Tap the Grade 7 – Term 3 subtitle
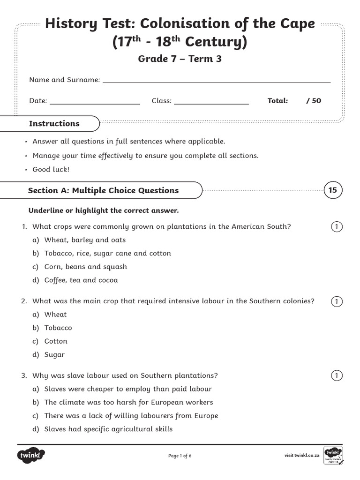pyautogui.click(x=180, y=59)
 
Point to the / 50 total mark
pyautogui.click(x=314, y=101)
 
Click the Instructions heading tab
pyautogui.click(x=54, y=124)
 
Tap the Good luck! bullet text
pyautogui.click(x=51, y=169)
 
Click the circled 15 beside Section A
pyautogui.click(x=332, y=190)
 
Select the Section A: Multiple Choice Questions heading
pyautogui.click(x=103, y=190)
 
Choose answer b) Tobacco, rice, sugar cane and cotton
pyautogui.click(x=107, y=254)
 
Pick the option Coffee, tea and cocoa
pyautogui.click(x=81, y=280)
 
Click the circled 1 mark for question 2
pyautogui.click(x=336, y=301)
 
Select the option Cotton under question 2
pyautogui.click(x=56, y=341)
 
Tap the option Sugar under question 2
pyautogui.click(x=54, y=355)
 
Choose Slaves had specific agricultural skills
pyautogui.click(x=108, y=429)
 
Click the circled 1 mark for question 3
pyautogui.click(x=336, y=375)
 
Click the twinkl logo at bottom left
pyautogui.click(x=31, y=455)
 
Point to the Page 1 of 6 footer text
pyautogui.click(x=180, y=456)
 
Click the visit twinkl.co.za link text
pyautogui.click(x=302, y=456)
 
